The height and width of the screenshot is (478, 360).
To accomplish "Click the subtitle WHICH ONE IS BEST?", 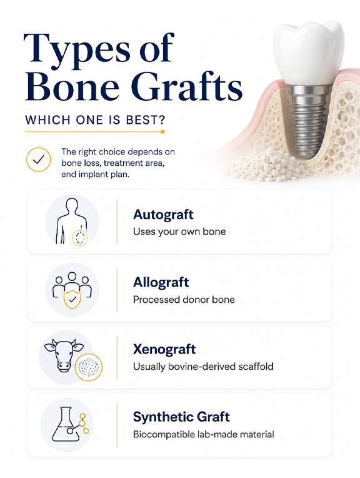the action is pos(96,119).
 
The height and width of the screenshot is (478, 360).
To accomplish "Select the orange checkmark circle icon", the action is pos(39,160).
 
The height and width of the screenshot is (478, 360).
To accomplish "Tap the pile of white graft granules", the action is pos(262,165).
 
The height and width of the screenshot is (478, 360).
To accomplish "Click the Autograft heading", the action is pos(163,215).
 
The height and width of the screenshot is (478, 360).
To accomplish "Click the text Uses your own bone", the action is pos(179,231).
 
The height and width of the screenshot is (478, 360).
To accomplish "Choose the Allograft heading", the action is pos(161,283).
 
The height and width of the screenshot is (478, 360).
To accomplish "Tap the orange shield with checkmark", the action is pos(72,299).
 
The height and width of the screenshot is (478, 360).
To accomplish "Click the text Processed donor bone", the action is pos(184,300).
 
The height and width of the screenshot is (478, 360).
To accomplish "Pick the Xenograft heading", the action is pos(164,349).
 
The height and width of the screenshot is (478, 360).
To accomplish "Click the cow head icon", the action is pos(64,355).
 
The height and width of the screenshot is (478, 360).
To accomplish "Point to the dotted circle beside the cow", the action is pos(89,367).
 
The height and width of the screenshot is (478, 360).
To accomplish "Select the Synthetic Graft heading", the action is pos(181,417).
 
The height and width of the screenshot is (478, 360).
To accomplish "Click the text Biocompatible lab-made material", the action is pos(204,434).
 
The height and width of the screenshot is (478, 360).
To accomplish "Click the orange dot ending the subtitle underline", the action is pos(162,131).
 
